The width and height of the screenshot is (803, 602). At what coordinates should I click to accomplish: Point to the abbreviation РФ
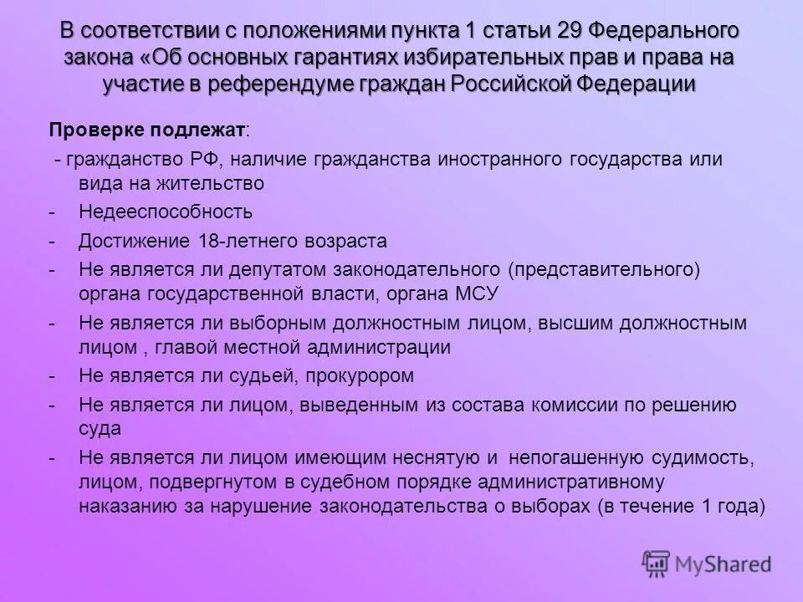click(x=208, y=159)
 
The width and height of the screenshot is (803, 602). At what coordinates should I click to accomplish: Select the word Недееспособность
click(x=166, y=212)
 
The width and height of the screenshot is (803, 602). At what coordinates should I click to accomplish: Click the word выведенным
click(x=355, y=406)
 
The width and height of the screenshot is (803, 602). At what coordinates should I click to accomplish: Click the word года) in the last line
click(x=739, y=507)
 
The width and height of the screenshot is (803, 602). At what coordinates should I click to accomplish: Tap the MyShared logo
click(x=706, y=564)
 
